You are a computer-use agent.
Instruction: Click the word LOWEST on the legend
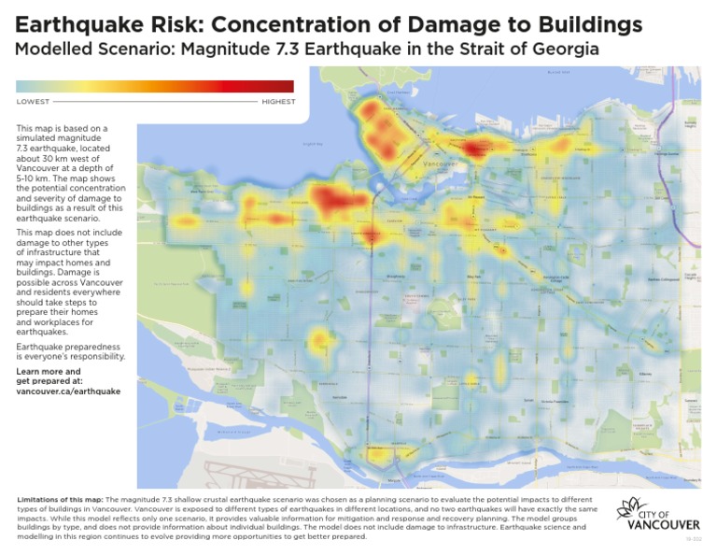pyautogui.click(x=34, y=101)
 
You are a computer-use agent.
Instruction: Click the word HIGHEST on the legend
pyautogui.click(x=278, y=101)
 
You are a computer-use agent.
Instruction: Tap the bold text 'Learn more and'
pyautogui.click(x=49, y=371)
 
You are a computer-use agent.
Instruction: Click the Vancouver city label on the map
pyautogui.click(x=438, y=164)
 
